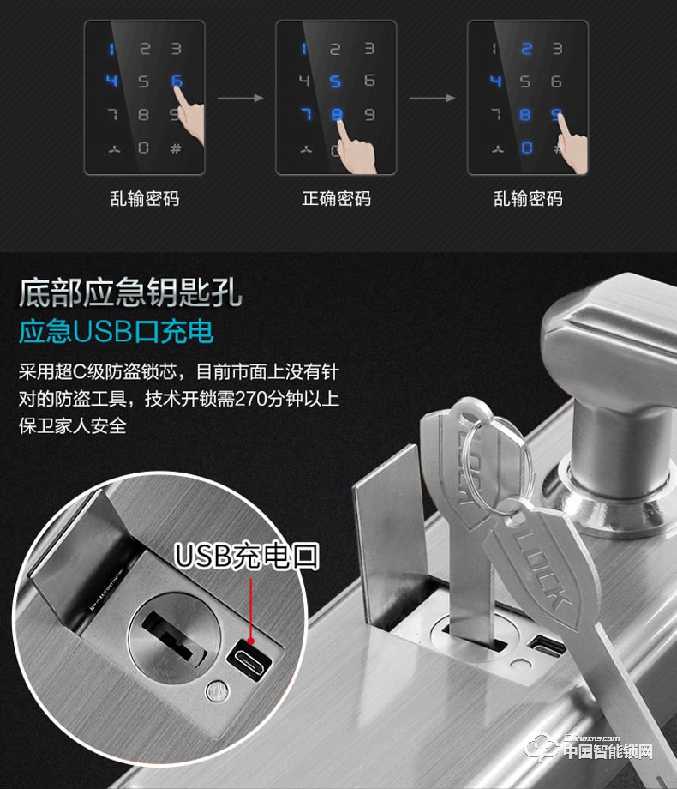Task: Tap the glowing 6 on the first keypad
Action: [177, 81]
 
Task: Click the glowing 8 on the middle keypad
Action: [336, 114]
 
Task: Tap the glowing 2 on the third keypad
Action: [527, 49]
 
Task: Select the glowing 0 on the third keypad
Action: [527, 147]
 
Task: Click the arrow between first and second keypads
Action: [240, 99]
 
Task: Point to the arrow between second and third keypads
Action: [432, 99]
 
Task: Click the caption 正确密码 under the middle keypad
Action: [336, 199]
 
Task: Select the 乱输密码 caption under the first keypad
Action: [144, 199]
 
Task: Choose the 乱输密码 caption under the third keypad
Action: [528, 199]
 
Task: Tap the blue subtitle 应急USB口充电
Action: [117, 331]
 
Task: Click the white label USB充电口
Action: [247, 556]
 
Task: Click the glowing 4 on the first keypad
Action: [111, 81]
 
